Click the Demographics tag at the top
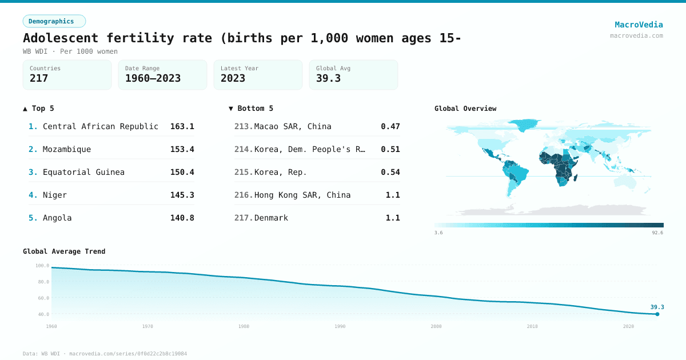tap(54, 21)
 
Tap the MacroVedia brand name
tap(639, 25)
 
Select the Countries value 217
tap(39, 78)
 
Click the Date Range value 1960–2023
tap(153, 78)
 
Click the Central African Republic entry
tap(101, 126)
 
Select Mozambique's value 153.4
tap(182, 149)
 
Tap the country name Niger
tap(55, 195)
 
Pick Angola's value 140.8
tap(182, 218)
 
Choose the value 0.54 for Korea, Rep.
tap(390, 172)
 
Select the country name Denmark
tap(271, 218)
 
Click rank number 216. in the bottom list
tap(244, 195)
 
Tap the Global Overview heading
tap(465, 109)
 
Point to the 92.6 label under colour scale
tap(657, 233)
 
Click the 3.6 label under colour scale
tap(438, 233)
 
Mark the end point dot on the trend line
tap(657, 314)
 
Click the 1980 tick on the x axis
tap(244, 326)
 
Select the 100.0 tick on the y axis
tap(42, 266)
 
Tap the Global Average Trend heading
tap(64, 251)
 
